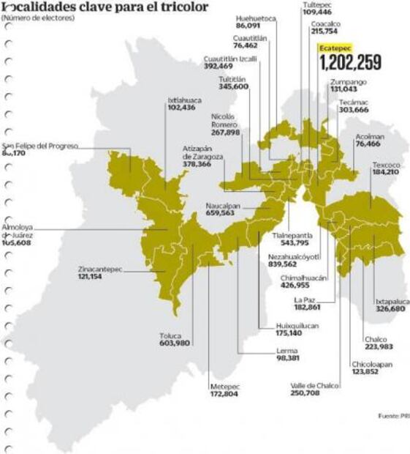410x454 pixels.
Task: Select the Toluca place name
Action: coord(172,336)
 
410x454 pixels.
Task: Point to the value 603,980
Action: coord(175,343)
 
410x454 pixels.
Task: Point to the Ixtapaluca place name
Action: coord(392,301)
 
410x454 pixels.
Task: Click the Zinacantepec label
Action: coord(100,269)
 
